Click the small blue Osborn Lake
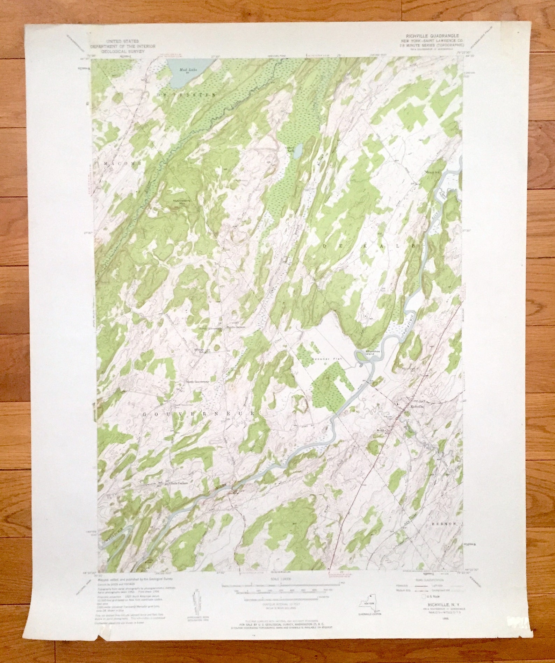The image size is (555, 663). [x=298, y=151]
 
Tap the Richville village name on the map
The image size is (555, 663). [x=417, y=406]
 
